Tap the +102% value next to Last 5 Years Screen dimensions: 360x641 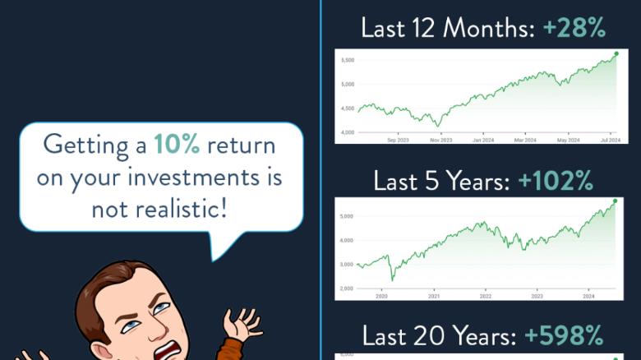556,180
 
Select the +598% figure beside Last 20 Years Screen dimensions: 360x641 564,335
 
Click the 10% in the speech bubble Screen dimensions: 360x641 177,145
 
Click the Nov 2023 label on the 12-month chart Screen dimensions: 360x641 440,140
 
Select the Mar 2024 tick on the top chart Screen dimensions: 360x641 526,140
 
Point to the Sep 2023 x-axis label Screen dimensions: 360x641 397,140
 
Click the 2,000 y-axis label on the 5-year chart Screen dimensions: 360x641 345,288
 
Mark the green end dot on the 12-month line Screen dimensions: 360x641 616,53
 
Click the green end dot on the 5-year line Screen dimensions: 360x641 615,201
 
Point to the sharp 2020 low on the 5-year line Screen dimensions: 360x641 391,279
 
